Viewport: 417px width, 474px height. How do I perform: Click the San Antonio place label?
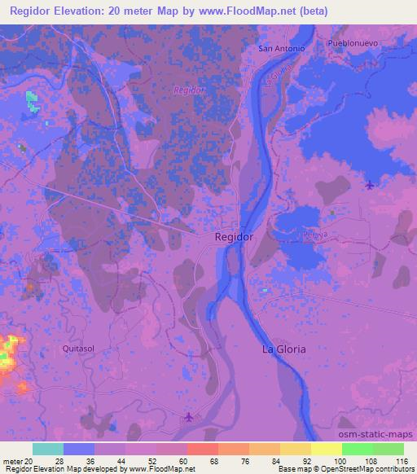tap(281, 48)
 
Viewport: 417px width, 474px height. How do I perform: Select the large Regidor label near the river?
tap(235, 236)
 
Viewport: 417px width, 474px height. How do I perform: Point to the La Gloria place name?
tap(283, 349)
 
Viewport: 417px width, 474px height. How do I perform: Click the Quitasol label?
tap(78, 347)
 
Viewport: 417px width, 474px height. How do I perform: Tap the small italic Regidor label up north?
tap(189, 90)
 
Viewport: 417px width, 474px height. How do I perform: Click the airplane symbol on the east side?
tap(371, 185)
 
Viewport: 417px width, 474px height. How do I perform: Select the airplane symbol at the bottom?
tap(190, 417)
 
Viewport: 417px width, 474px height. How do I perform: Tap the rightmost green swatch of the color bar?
tap(388, 449)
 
